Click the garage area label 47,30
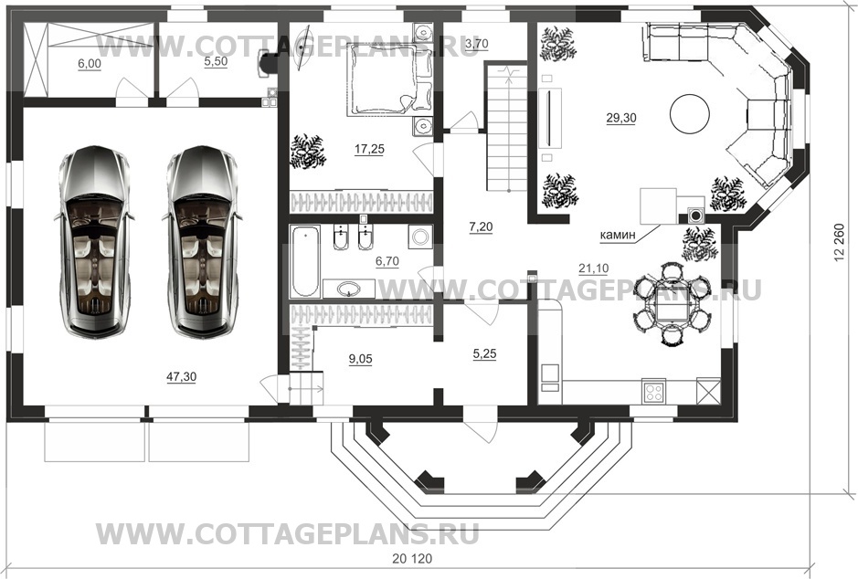click(181, 376)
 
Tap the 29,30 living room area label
click(621, 118)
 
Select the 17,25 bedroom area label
click(369, 149)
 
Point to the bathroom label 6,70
click(387, 261)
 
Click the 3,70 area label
click(476, 43)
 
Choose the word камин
click(618, 235)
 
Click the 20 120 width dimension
click(412, 559)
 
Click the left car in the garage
click(94, 240)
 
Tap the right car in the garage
click(202, 240)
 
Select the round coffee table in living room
click(690, 114)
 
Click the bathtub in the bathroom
click(305, 261)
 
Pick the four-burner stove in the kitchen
click(653, 392)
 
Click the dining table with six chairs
click(672, 304)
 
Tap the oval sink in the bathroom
click(348, 289)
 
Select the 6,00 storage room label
click(90, 64)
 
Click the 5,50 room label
click(216, 62)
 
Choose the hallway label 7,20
click(481, 226)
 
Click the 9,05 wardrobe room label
click(360, 359)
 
